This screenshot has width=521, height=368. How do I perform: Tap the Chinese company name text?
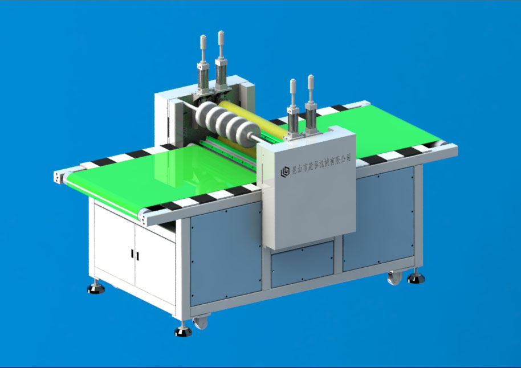tap(321, 162)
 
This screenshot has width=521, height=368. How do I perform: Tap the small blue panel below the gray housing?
tap(302, 264)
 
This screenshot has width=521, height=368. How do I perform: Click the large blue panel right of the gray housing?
tap(377, 220)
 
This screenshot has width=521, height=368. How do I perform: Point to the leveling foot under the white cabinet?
tap(96, 288)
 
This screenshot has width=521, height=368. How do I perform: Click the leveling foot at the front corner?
tap(182, 331)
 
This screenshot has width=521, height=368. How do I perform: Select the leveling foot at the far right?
tap(416, 279)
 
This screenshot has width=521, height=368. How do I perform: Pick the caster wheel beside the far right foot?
tap(394, 279)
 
